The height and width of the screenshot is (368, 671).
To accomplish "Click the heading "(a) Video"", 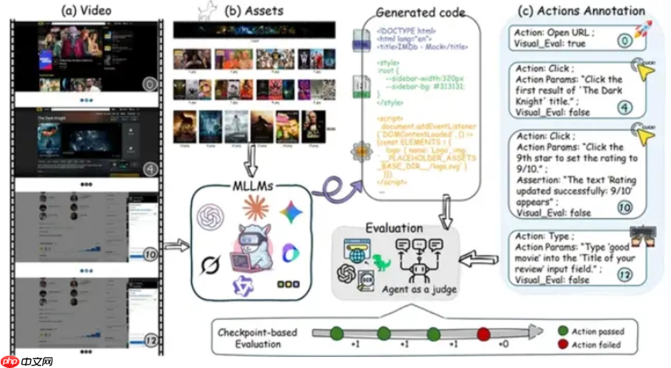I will (x=86, y=10).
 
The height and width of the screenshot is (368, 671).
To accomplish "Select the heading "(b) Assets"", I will (x=253, y=11).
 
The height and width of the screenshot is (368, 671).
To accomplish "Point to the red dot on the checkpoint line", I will (x=483, y=334).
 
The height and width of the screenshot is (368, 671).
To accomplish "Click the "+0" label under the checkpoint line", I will (x=503, y=344).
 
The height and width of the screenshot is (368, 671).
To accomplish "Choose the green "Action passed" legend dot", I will (x=562, y=331).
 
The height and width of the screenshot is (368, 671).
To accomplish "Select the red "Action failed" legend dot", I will (x=562, y=344).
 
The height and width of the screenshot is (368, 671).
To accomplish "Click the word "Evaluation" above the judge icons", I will (x=394, y=228).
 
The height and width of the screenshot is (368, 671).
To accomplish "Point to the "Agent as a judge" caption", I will (x=410, y=289).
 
